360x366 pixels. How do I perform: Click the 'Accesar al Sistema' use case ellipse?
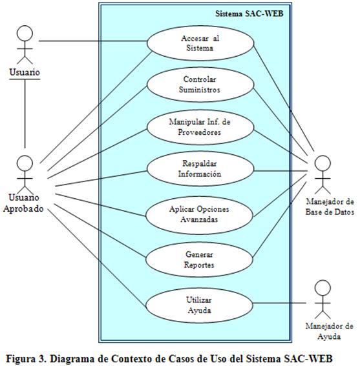point(200,43)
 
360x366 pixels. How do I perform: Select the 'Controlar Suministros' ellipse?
point(200,85)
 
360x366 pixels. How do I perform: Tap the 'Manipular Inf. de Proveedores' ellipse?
point(200,127)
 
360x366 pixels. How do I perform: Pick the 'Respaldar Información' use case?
point(200,168)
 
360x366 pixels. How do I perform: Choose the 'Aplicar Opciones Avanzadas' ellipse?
point(200,215)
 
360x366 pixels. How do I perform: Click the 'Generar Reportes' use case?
point(200,259)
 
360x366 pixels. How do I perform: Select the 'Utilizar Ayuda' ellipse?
point(200,305)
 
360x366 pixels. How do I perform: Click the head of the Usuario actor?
point(25,34)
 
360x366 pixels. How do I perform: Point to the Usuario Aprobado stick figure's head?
point(25,163)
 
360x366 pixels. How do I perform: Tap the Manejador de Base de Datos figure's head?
point(323,163)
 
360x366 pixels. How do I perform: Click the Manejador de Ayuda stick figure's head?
point(323,288)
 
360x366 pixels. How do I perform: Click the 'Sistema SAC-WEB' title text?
point(249,14)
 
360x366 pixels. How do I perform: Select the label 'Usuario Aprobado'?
point(23,203)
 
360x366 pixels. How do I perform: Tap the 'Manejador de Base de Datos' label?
point(330,207)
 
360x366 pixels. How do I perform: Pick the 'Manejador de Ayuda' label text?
point(329,331)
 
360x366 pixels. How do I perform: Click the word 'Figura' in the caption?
point(21,358)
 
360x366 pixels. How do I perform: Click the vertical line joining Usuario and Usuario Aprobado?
point(25,114)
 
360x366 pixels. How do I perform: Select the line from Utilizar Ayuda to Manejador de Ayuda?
point(280,303)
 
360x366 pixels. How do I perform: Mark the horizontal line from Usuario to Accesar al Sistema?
point(93,41)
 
